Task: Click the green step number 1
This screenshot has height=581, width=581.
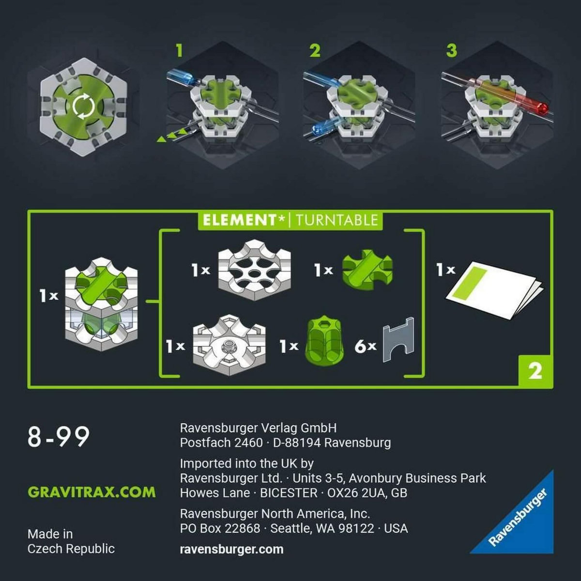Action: (x=180, y=50)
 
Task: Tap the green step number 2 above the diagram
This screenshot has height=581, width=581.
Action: (x=315, y=50)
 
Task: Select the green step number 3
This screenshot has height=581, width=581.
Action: (x=451, y=50)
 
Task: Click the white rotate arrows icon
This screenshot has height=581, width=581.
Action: (x=83, y=107)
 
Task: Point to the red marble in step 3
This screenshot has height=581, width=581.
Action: (x=542, y=107)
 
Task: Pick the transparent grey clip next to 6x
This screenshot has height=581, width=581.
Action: (x=398, y=339)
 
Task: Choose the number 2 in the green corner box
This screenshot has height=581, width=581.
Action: (x=535, y=371)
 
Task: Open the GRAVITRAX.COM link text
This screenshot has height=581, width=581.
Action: (x=92, y=492)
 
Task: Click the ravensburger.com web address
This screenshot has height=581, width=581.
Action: (x=231, y=549)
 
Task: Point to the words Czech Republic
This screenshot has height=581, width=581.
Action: (x=71, y=549)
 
